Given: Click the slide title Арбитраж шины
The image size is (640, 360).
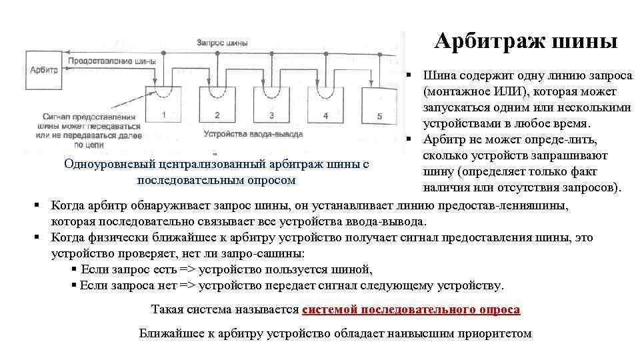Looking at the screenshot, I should pyautogui.click(x=526, y=41).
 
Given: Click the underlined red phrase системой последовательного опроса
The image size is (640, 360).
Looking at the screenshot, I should pyautogui.click(x=411, y=310).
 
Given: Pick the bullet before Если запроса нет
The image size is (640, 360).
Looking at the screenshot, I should pyautogui.click(x=74, y=285).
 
